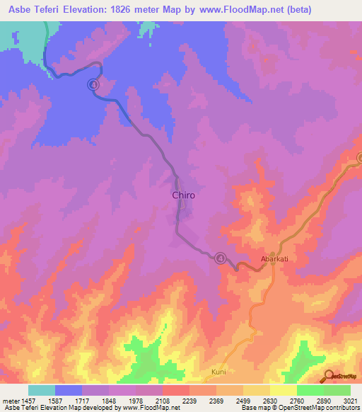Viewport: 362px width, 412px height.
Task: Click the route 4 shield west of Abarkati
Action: point(221,258)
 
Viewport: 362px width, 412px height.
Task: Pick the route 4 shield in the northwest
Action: point(93,85)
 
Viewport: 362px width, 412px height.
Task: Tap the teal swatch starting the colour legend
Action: point(42,390)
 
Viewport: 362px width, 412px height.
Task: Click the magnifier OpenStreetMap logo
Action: point(329,376)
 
